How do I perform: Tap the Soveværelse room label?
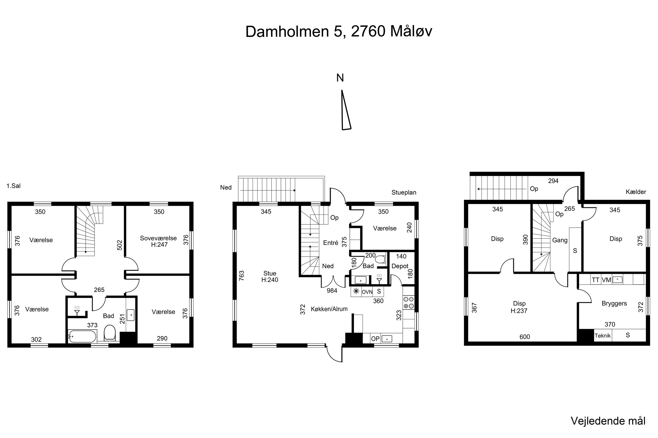[158, 238]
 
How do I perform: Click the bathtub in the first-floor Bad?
[82, 336]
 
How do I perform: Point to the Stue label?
[270, 273]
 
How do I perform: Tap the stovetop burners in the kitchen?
[408, 302]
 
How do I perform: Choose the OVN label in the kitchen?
[367, 292]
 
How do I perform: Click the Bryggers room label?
[614, 304]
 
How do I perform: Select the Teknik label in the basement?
[603, 336]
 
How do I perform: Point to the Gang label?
[560, 240]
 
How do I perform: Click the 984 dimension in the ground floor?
[332, 291]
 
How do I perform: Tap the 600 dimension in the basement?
[525, 337]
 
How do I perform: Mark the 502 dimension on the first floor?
[120, 245]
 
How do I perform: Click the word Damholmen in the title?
[287, 31]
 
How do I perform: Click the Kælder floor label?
[636, 192]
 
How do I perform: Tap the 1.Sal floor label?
[13, 186]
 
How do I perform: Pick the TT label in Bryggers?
[596, 280]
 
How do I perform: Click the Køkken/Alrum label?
[329, 309]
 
